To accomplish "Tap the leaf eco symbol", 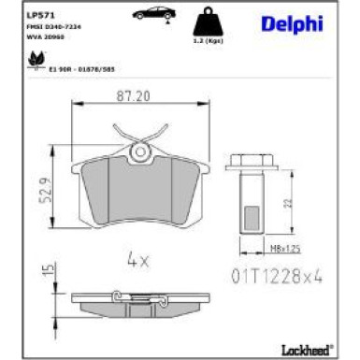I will (x=38, y=61).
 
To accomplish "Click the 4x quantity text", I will (x=137, y=259).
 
